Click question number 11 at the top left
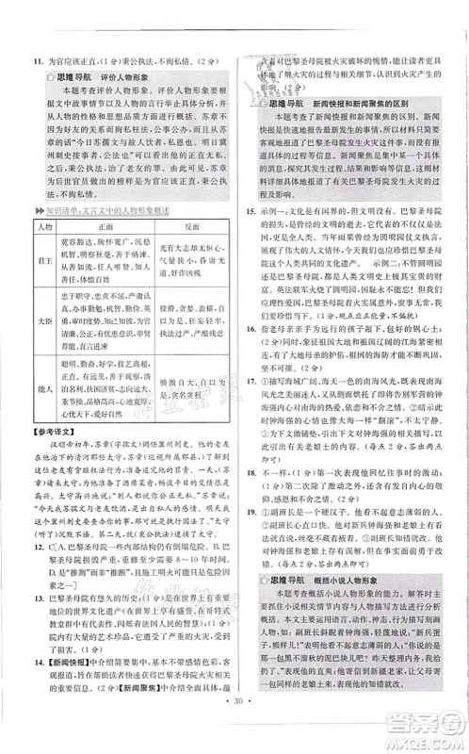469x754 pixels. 34,58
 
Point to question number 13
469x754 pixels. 35,624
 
